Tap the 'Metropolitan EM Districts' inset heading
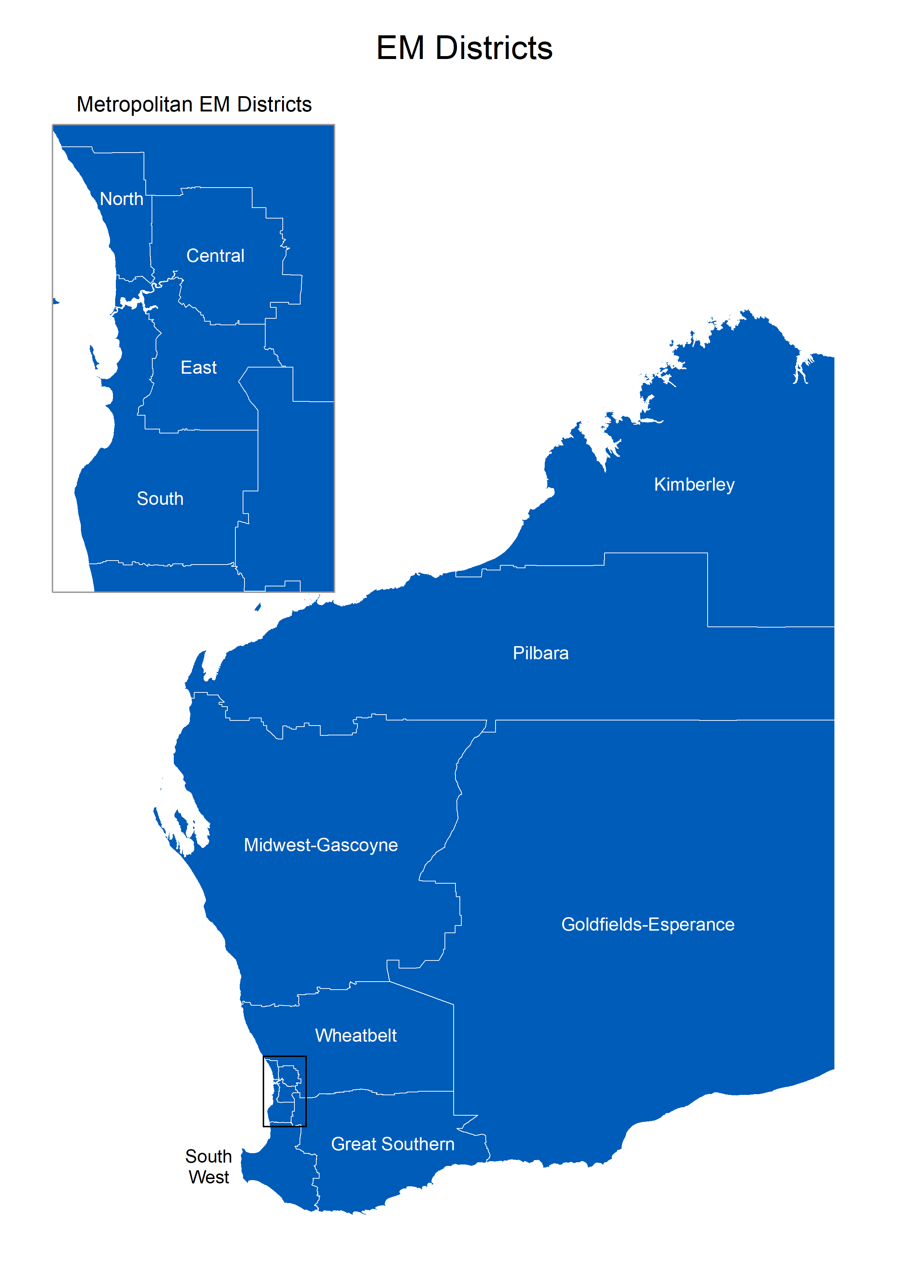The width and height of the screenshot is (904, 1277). tap(194, 105)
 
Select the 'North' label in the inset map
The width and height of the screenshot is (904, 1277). tap(121, 199)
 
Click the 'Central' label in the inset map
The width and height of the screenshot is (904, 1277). tap(215, 256)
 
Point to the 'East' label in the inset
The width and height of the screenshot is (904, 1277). tap(198, 368)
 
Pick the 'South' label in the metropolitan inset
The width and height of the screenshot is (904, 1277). tap(160, 499)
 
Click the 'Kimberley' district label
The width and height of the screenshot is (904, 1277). tap(694, 485)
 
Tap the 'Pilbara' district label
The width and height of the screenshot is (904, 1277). tap(540, 653)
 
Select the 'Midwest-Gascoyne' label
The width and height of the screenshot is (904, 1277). tap(321, 845)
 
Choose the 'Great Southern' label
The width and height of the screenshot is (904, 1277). tap(392, 1144)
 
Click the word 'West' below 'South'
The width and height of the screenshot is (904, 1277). tap(209, 1178)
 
